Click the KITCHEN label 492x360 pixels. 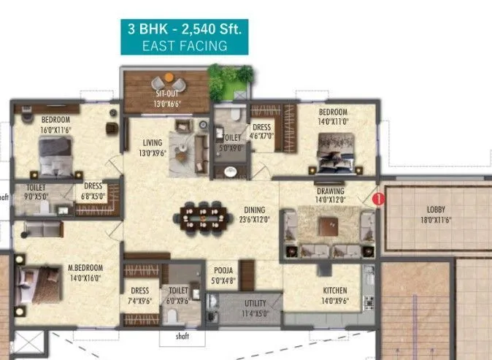(335, 290)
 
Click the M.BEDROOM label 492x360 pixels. (85, 268)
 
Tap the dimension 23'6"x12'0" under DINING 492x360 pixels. (255, 218)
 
